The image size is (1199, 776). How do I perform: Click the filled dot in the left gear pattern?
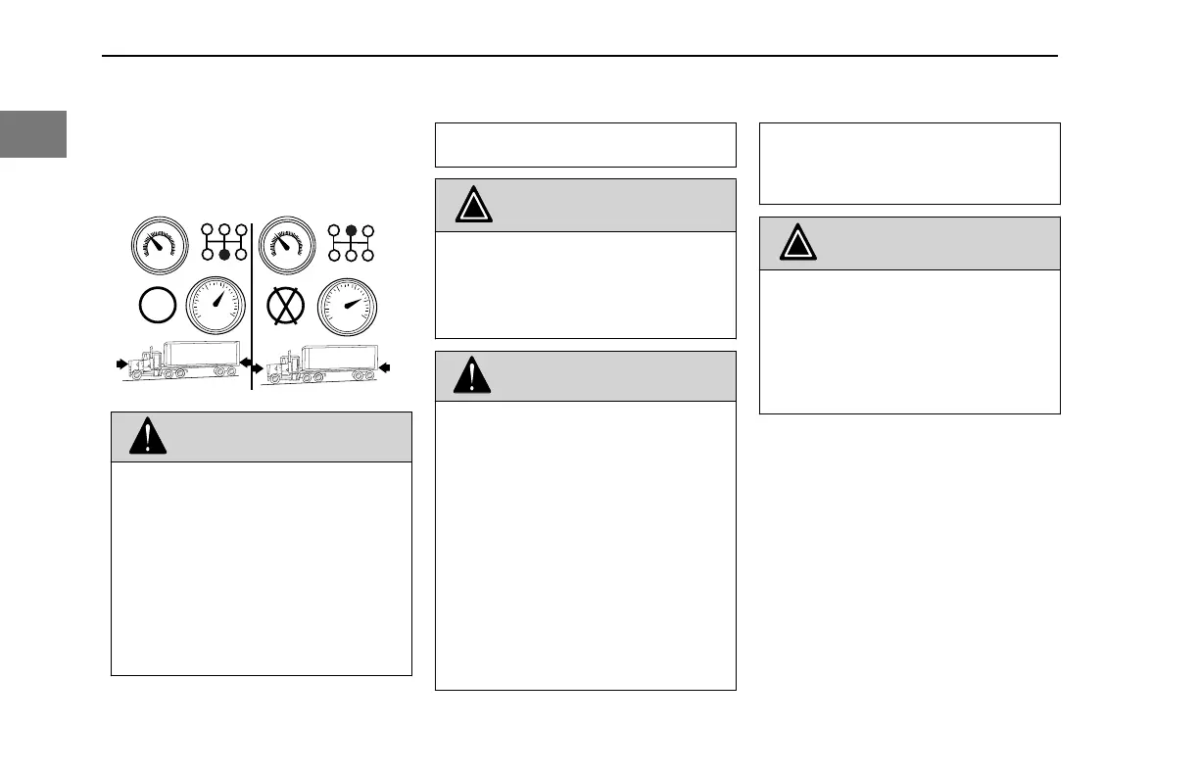(x=223, y=255)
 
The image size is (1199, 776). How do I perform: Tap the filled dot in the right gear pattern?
(x=352, y=232)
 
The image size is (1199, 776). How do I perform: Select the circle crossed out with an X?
(x=286, y=306)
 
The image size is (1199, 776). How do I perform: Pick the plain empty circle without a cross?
(x=158, y=306)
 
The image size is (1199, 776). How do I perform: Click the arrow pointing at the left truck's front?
(x=120, y=363)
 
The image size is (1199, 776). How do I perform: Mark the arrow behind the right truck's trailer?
(x=386, y=367)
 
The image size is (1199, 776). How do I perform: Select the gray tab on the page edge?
(x=33, y=134)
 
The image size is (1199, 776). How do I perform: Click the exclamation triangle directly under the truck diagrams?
(x=147, y=437)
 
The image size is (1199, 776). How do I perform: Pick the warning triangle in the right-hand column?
(x=798, y=243)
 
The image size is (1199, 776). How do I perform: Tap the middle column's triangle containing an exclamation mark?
(x=472, y=377)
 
